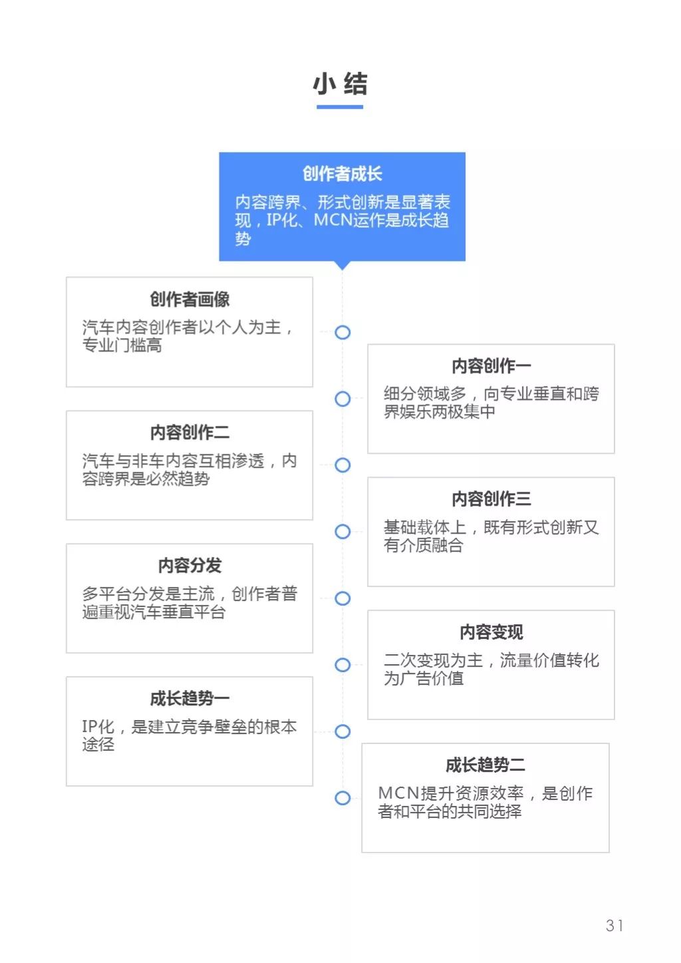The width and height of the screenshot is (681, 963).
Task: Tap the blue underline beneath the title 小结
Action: coord(340,107)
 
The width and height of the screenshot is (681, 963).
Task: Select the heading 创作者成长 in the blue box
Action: coord(342,174)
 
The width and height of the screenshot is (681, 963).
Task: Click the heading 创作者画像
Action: coord(190,299)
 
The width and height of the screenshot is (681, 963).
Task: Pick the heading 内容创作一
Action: coord(491,366)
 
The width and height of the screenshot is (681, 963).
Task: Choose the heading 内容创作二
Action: coord(190,433)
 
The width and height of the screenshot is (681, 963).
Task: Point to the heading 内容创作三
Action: coord(491,498)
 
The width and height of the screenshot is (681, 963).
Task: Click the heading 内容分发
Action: coord(190,565)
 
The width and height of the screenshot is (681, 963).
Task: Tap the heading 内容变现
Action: coord(491,632)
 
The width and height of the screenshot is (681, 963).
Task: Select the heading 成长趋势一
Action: coord(190,698)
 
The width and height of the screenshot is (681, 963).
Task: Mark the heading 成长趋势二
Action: coord(485,765)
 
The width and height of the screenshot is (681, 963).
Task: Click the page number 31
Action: coord(614,925)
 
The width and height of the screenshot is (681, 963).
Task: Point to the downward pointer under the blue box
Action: coord(342,266)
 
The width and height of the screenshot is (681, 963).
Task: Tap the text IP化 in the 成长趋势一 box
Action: coord(98,727)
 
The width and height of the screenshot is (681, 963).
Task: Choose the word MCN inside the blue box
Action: coord(333,220)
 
